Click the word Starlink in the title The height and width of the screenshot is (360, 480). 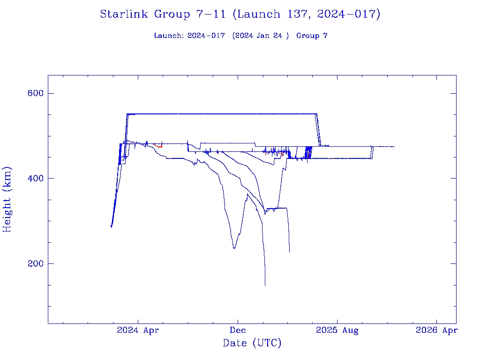[125, 14]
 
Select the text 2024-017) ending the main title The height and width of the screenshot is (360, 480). [349, 14]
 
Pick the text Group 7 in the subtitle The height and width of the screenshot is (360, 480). [312, 36]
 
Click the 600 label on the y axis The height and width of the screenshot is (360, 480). [36, 93]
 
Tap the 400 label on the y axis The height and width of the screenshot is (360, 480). [36, 179]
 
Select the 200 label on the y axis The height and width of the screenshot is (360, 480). [36, 264]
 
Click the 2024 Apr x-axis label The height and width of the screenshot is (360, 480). [138, 330]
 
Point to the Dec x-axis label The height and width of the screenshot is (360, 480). [238, 330]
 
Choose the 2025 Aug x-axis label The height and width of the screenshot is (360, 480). [337, 330]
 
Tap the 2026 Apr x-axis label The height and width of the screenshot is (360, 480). [436, 330]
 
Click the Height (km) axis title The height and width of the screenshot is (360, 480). [7, 199]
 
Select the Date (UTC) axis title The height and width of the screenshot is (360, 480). [252, 344]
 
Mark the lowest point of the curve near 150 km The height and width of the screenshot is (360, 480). [265, 285]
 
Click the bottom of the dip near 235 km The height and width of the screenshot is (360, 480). [234, 248]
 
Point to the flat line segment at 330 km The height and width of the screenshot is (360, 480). [277, 208]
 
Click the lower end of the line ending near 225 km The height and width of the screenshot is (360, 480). [289, 252]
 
